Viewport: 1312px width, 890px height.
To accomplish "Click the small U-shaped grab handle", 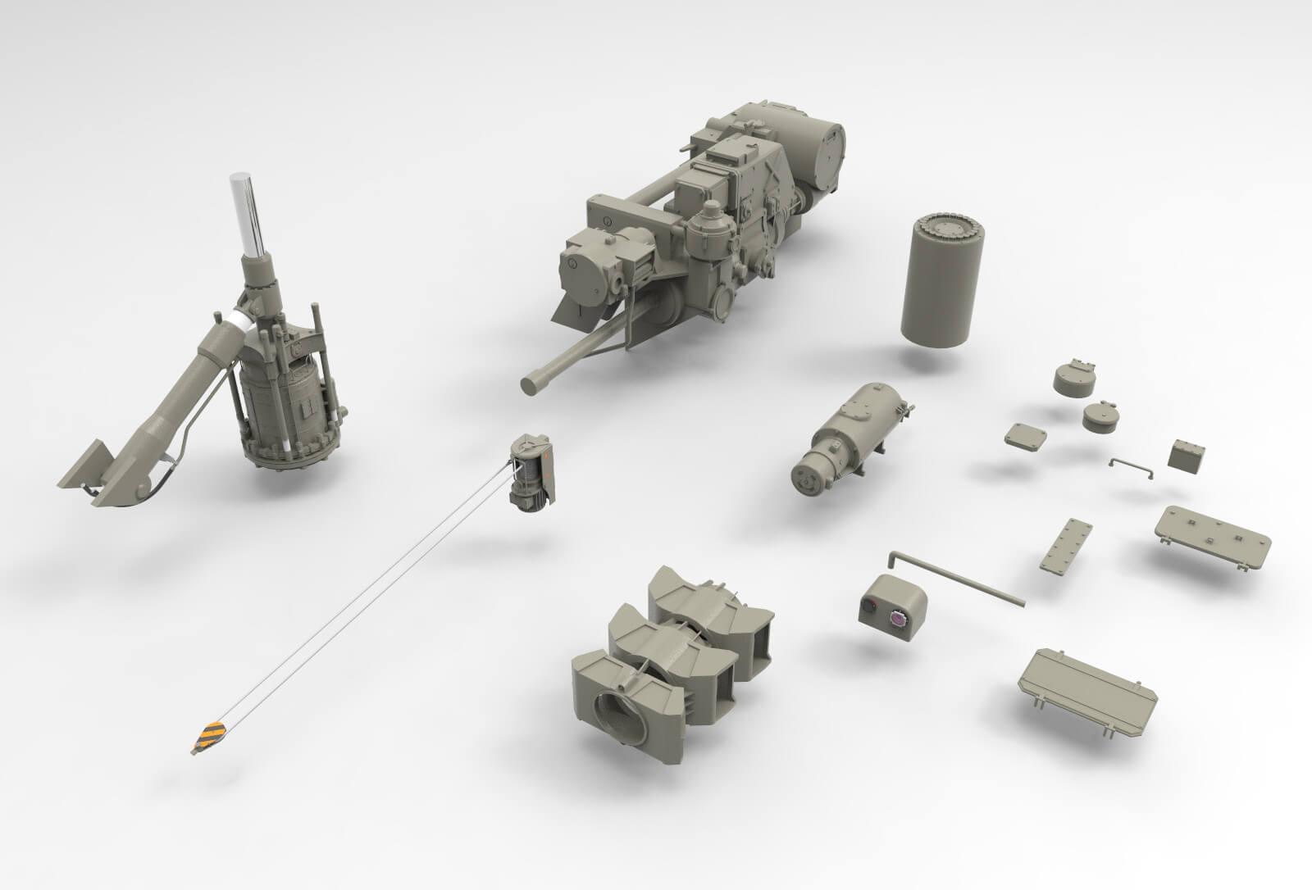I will click(1132, 466).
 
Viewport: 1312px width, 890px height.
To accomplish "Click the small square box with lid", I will click(1187, 455).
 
